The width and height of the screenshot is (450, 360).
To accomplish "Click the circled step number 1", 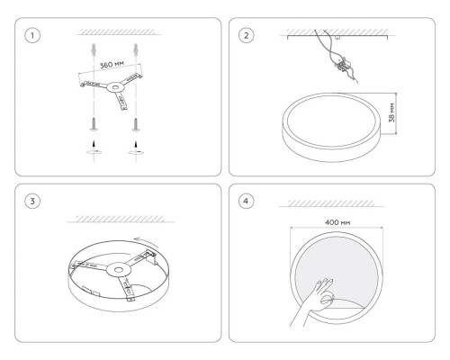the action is coord(32,35).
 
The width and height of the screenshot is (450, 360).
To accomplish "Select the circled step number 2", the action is coord(247,35).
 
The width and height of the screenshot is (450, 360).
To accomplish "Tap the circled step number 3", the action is coord(32,201).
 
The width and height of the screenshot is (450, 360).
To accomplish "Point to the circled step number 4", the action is coord(247,201).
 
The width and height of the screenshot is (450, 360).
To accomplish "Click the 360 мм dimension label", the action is coord(112,65).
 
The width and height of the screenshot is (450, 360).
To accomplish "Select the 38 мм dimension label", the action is coord(391,112).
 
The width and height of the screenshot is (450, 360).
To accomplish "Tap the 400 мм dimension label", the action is coord(337,222).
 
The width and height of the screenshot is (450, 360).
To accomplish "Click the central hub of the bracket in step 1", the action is coord(115,87).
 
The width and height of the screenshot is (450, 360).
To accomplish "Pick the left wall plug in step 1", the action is coord(94,49).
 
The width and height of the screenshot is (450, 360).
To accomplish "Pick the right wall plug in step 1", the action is coord(136,49).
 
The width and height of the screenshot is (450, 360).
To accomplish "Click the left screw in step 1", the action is coord(94,124).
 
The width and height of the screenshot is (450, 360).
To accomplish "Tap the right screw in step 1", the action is coord(136,124).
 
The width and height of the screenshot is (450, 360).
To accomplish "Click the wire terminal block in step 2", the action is coord(342,65).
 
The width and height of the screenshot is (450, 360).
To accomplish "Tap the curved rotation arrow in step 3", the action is coord(145,239).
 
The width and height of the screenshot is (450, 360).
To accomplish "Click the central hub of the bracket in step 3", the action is coord(119,270).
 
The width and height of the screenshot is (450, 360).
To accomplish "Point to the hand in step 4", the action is coord(312,301).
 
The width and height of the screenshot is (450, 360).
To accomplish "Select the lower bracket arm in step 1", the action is coord(121,101).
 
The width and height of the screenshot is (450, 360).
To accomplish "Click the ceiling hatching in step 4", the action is coord(331,203).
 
